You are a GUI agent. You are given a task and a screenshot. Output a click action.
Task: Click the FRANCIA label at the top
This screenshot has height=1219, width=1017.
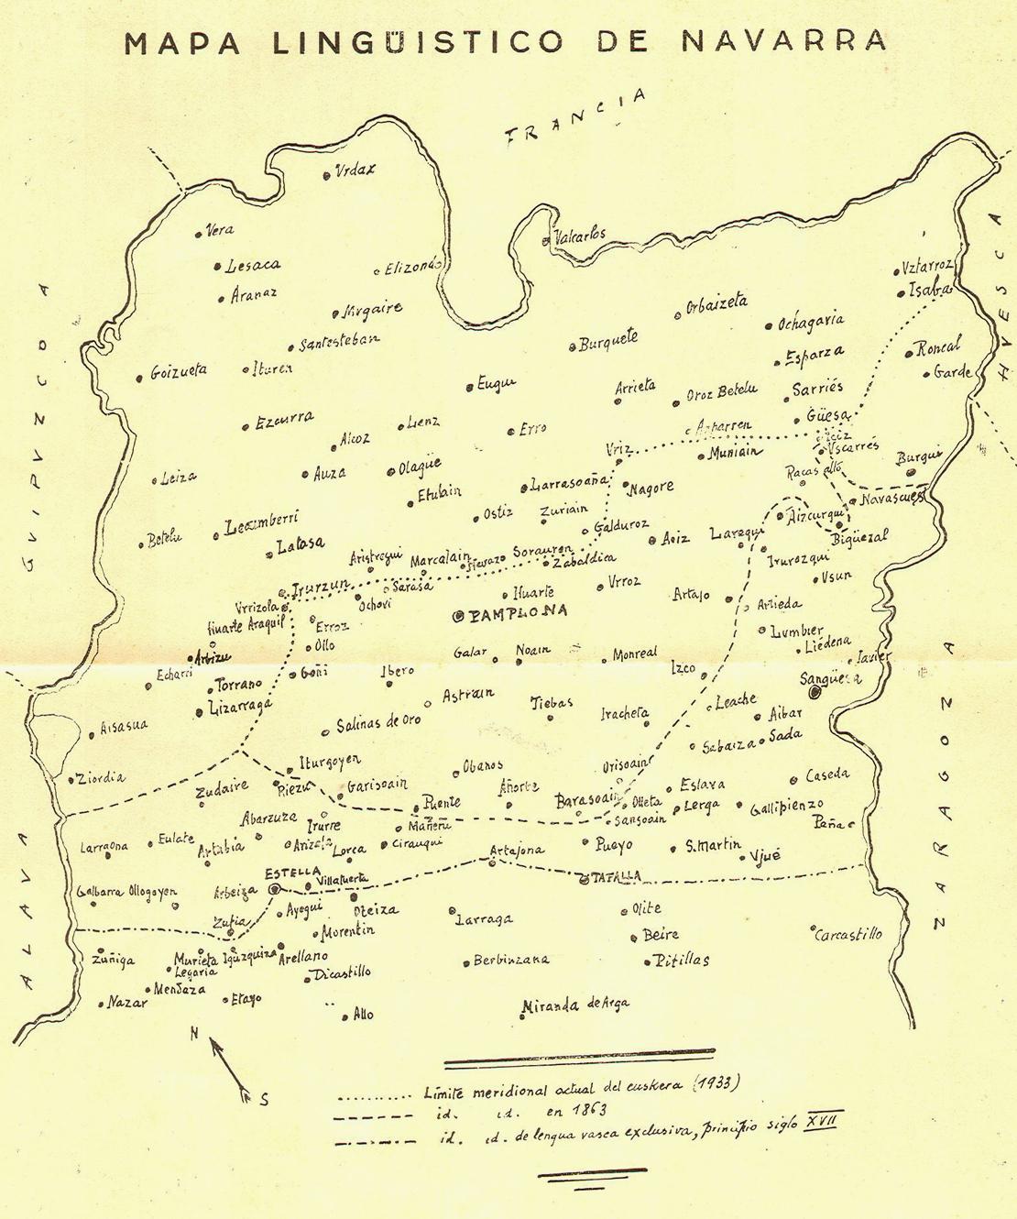(578, 119)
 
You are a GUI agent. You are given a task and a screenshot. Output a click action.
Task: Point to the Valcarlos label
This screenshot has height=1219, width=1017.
(579, 236)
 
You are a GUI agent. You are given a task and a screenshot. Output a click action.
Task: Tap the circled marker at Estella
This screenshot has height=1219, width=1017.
(274, 888)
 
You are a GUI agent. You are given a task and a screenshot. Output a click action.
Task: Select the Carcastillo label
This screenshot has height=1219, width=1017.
(850, 934)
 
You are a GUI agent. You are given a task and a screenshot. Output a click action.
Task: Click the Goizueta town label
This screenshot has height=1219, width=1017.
(178, 371)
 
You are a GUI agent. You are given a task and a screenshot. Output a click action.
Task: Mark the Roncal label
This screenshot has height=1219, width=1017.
(937, 347)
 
